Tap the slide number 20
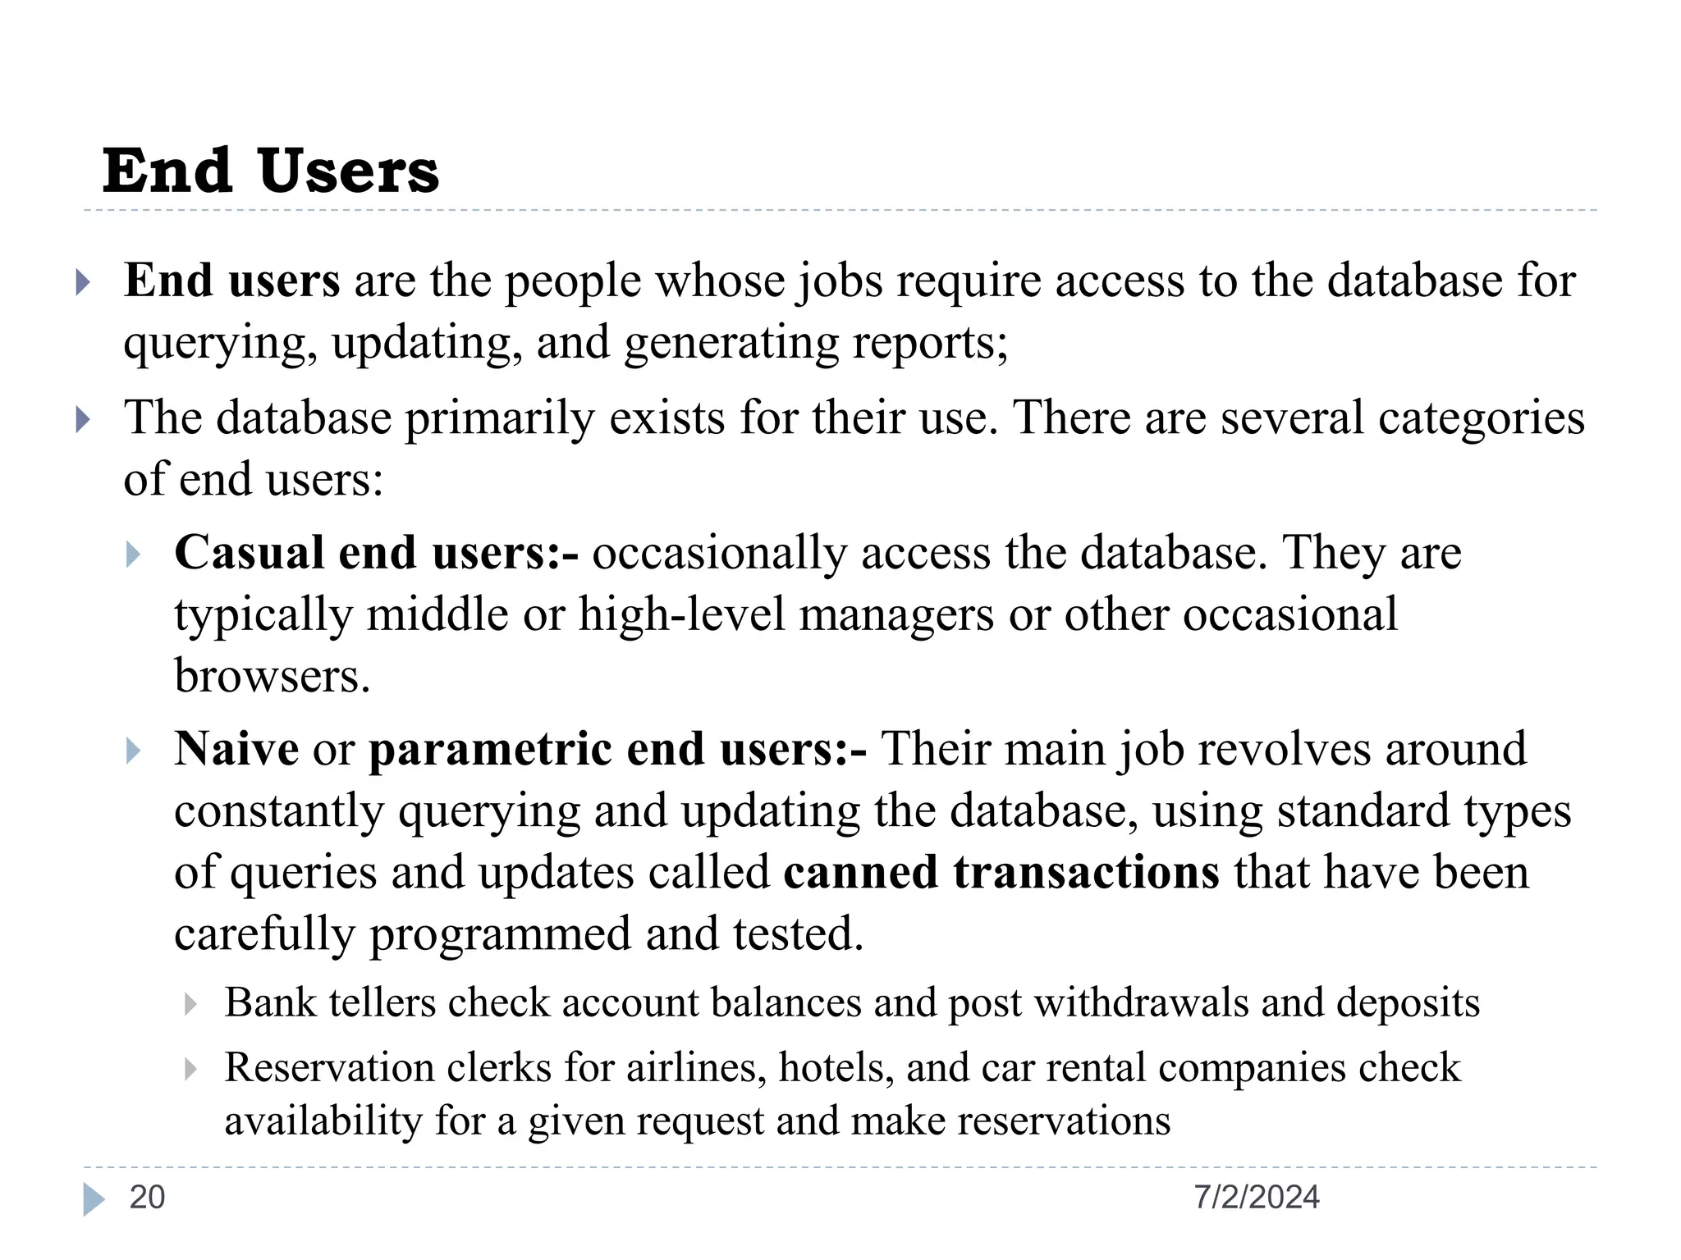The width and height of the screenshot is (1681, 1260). click(148, 1198)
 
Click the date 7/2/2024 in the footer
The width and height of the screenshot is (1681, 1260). click(1257, 1198)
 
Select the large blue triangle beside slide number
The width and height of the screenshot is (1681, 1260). click(94, 1199)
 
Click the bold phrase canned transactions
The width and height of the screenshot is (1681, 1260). click(1001, 872)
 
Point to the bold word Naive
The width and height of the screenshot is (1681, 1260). click(236, 749)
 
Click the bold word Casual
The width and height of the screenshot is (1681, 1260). click(249, 552)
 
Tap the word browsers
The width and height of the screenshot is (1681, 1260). click(271, 677)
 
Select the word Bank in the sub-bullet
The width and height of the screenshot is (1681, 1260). click(269, 1002)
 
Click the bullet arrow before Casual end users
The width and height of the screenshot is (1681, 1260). click(134, 555)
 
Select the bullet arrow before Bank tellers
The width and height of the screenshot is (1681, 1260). click(190, 1004)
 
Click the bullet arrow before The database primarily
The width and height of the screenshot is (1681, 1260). click(82, 420)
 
